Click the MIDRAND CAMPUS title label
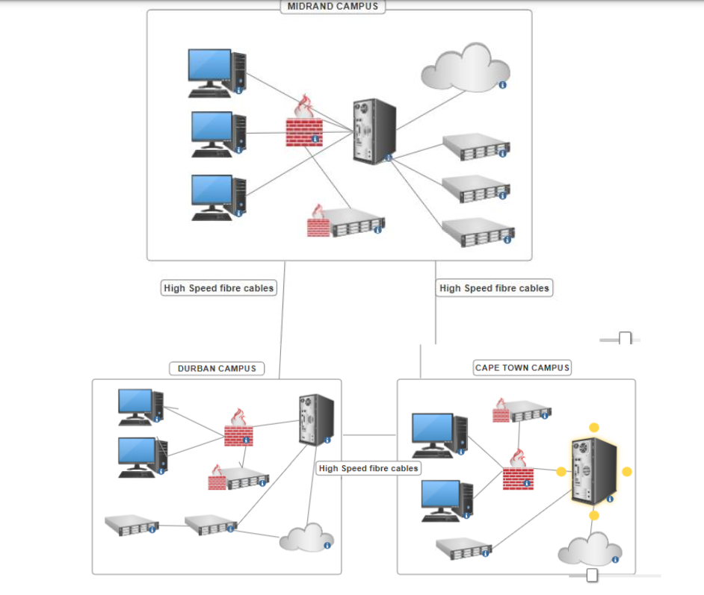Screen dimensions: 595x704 tap(333, 7)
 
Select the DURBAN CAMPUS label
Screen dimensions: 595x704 tap(217, 368)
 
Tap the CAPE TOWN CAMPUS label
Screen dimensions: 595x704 tap(522, 367)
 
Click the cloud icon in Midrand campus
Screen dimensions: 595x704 tap(465, 67)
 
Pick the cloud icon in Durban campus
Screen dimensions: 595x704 tap(306, 540)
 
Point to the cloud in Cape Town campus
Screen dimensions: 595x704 tap(590, 549)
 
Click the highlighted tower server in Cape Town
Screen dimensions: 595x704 tap(593, 471)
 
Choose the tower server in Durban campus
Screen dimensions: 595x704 tap(316, 420)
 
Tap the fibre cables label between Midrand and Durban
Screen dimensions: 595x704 tap(219, 288)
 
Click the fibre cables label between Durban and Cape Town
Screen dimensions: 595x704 tap(368, 468)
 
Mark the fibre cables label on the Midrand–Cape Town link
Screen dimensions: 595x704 tap(494, 288)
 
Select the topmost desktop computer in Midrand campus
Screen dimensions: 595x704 tap(217, 72)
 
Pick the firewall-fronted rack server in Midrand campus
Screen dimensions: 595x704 tap(346, 222)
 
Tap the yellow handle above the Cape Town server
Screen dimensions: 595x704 tap(594, 428)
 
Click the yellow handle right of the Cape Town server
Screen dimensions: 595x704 tap(627, 472)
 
